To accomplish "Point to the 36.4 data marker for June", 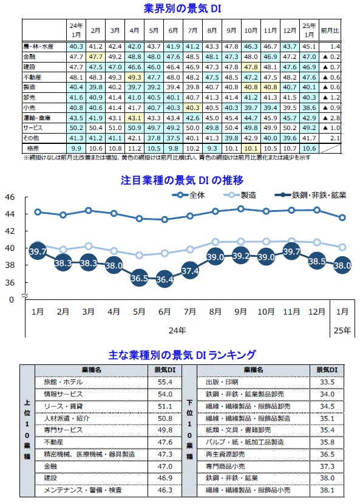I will [165, 280].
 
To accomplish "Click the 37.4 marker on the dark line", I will [190, 271].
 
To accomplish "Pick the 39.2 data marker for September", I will [240, 256].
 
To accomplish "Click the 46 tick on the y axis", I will [10, 197].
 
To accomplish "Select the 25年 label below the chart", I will [342, 331].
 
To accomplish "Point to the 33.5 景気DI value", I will [327, 382].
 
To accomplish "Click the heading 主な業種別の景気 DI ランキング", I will [182, 354].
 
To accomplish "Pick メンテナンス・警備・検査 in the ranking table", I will [83, 489].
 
